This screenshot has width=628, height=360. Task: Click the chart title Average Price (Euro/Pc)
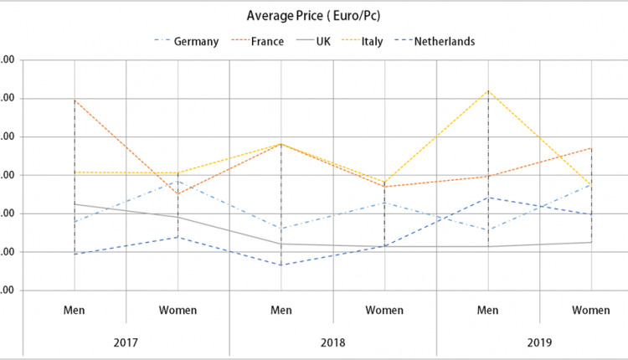point(315,16)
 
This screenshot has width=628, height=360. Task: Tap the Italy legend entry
point(372,42)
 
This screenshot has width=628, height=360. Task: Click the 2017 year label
point(126,342)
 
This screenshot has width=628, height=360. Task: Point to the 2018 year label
point(332,342)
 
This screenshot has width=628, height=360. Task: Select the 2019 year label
point(539,342)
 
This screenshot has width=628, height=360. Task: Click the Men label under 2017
point(75,310)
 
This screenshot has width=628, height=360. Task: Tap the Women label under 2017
point(178,310)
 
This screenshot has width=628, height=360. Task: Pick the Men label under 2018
point(281,310)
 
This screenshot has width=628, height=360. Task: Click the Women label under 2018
point(384,310)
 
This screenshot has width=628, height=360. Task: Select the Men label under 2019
point(488,310)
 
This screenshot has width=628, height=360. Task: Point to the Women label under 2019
point(591,310)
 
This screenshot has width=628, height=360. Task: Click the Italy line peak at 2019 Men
point(488,90)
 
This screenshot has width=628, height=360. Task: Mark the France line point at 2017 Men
point(75,100)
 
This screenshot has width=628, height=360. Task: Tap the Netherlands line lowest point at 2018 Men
point(281,265)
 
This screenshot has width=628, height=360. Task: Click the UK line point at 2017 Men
point(75,204)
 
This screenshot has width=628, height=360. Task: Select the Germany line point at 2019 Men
point(488,229)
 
